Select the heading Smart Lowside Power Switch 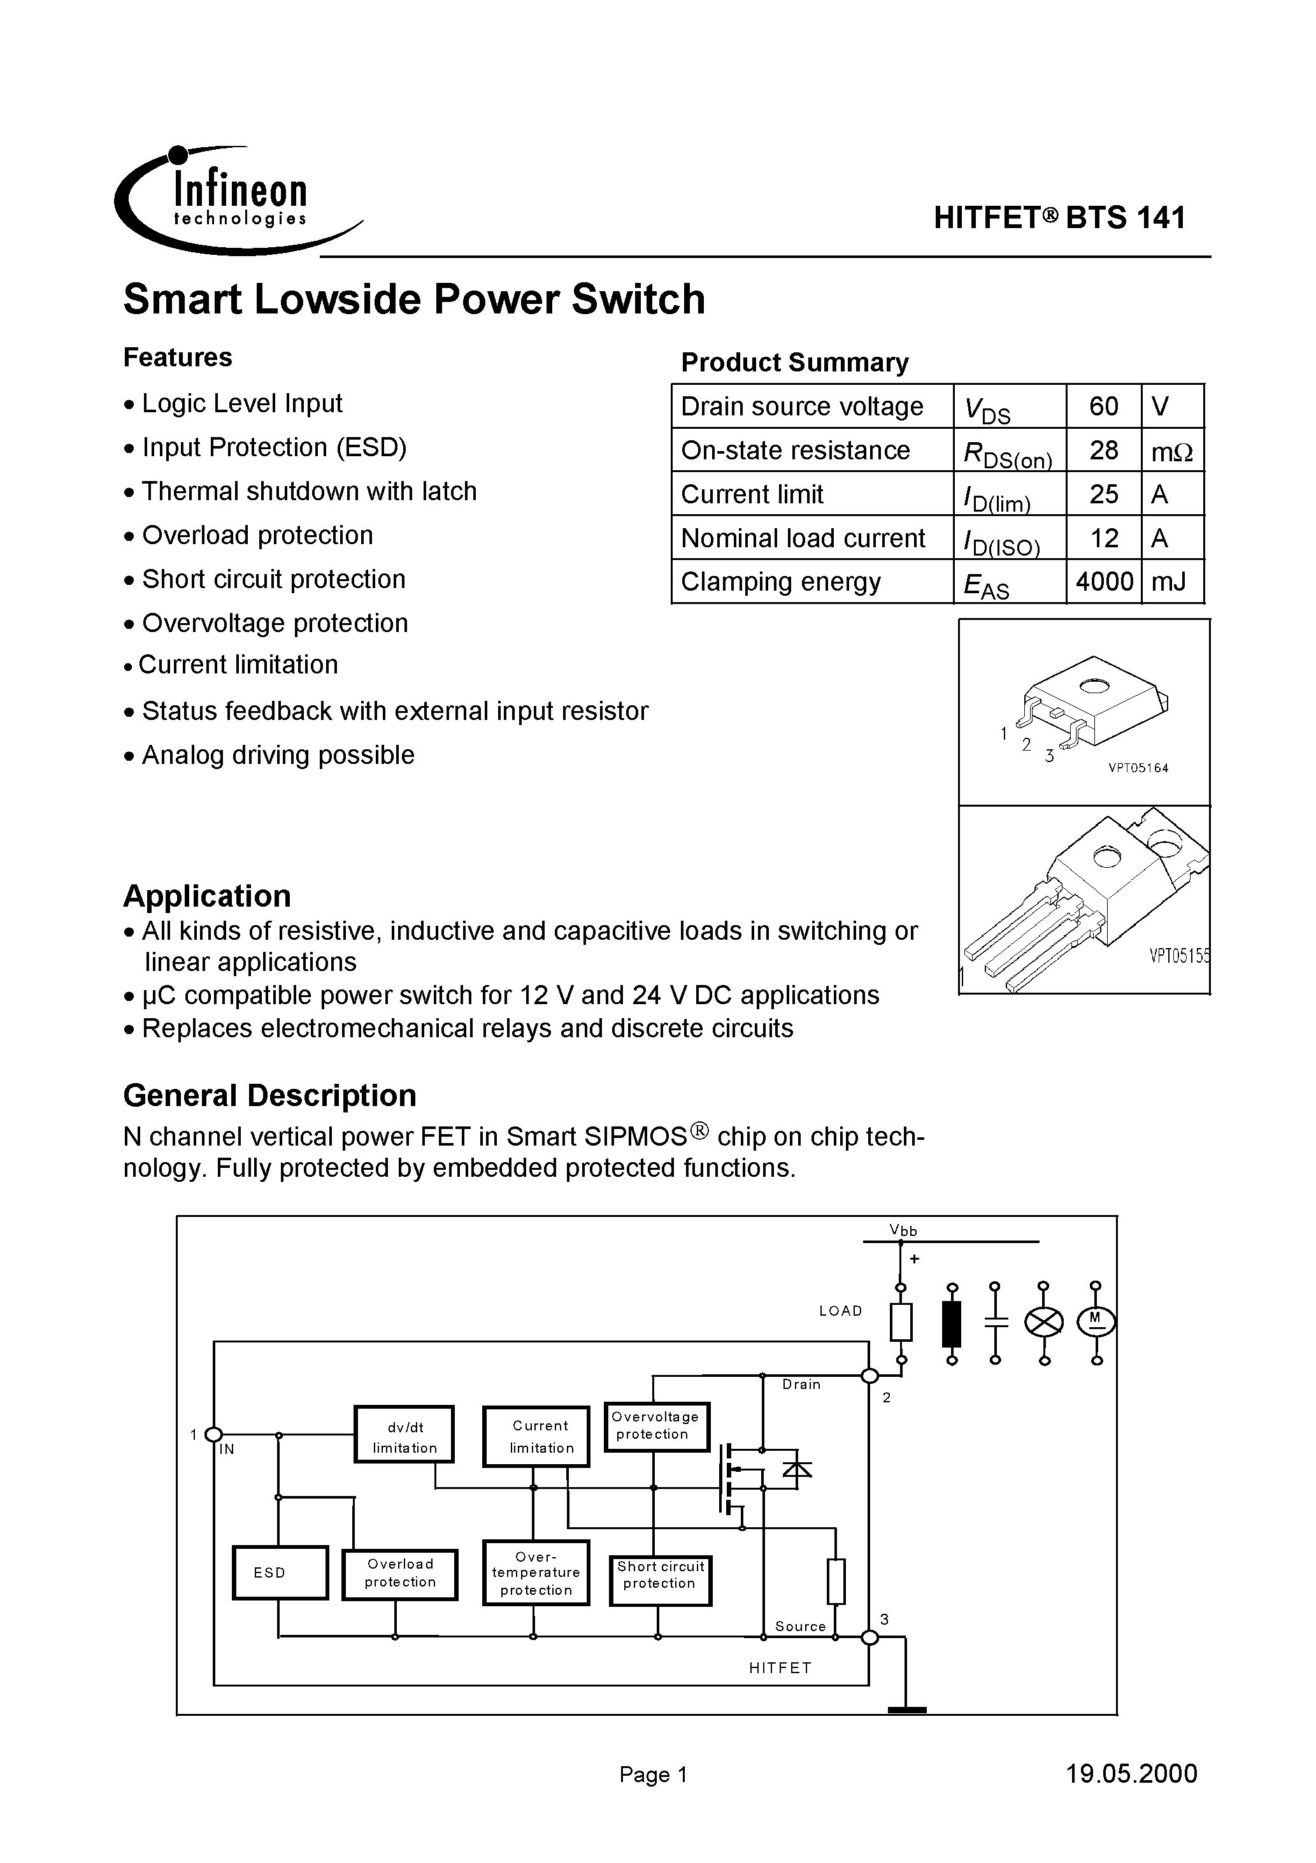pos(414,299)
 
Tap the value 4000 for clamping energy pos(1103,582)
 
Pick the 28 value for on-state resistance pos(1103,450)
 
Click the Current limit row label pos(752,494)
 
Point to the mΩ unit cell pos(1171,451)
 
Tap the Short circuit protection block pos(661,1575)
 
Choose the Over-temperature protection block pos(536,1572)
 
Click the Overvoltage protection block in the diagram pos(655,1426)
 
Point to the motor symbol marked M pos(1096,1323)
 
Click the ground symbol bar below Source pos(907,1711)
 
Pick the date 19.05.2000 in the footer pos(1131,1774)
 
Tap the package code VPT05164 pos(1138,768)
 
